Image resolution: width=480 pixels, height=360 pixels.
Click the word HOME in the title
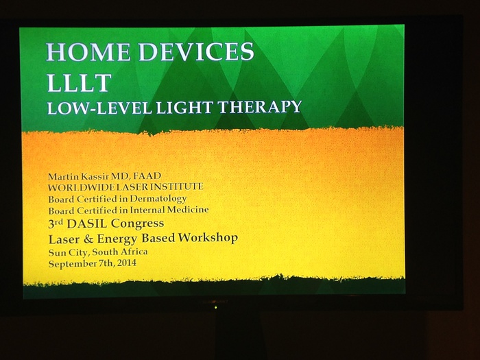[x=88, y=51]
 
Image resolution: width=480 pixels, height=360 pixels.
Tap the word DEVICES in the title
[x=196, y=51]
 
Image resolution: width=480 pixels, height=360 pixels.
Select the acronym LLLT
[x=79, y=82]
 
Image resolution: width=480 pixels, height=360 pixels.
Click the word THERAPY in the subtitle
[x=260, y=107]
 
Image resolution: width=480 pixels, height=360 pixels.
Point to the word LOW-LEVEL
[x=99, y=108]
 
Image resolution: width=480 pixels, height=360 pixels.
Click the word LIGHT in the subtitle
[x=184, y=108]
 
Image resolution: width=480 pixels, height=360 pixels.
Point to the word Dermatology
[x=158, y=199]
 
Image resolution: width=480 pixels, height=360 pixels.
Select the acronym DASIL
[x=87, y=224]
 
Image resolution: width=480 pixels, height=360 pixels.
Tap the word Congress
[x=137, y=224]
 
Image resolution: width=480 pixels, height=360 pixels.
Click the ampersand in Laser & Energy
[x=88, y=239]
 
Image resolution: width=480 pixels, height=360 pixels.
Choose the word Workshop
[x=208, y=238]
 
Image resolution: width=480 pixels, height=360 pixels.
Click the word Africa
[x=134, y=252]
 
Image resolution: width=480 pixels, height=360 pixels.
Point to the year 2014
[x=127, y=263]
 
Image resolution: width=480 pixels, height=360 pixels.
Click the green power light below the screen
[x=216, y=307]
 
